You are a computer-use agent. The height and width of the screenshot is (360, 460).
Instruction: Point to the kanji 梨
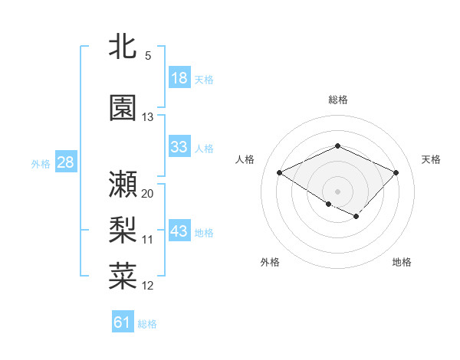[123, 227]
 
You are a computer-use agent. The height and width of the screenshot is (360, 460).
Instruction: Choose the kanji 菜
[123, 275]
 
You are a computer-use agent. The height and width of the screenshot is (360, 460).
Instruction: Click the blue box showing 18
[179, 78]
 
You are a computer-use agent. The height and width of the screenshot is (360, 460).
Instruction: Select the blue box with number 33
[179, 147]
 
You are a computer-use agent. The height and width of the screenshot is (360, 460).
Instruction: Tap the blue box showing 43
[179, 231]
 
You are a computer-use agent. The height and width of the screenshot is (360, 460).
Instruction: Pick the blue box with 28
[65, 162]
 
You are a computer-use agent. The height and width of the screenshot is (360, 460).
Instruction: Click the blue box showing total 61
[123, 322]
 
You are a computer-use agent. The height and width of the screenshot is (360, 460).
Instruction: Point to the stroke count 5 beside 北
[148, 56]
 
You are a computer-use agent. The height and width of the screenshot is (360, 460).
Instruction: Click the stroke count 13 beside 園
[148, 117]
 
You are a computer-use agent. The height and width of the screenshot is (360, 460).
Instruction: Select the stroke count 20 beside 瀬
[148, 193]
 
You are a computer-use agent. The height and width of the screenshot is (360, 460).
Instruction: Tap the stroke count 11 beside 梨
[148, 240]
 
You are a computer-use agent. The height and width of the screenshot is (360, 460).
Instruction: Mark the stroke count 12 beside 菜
[148, 286]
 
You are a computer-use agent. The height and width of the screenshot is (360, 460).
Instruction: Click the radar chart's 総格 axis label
[338, 100]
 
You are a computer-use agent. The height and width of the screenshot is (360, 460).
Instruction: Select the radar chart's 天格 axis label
[431, 159]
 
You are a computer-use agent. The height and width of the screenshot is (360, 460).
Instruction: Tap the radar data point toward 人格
[280, 172]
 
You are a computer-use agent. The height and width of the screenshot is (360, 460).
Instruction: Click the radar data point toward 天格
[396, 172]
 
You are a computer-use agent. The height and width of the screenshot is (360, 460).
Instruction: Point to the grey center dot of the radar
[337, 191]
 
